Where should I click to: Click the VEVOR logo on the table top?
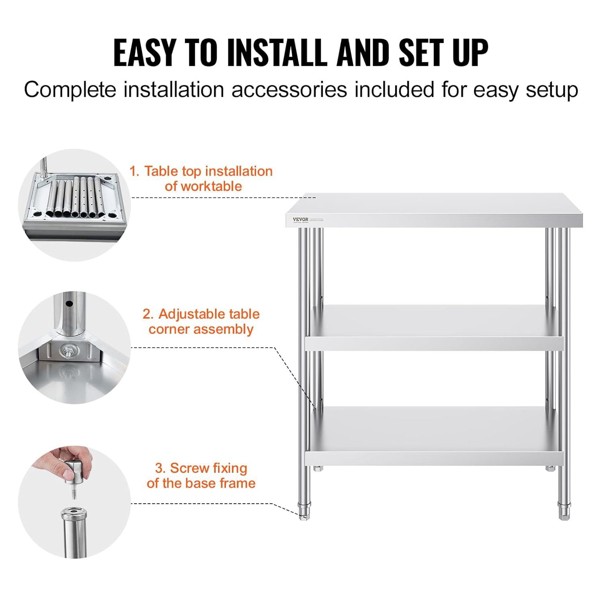pyautogui.click(x=300, y=219)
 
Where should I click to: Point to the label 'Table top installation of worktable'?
pyautogui.click(x=201, y=178)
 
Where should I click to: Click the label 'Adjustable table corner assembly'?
pyautogui.click(x=201, y=321)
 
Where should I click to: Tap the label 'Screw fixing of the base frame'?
pyautogui.click(x=201, y=475)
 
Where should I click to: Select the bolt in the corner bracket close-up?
pyautogui.click(x=66, y=351)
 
